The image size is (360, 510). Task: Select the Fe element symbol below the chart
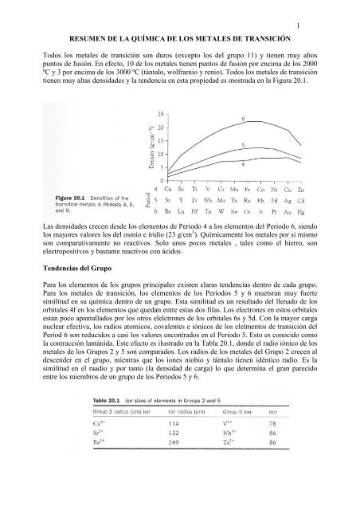251,192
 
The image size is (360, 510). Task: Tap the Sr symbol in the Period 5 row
164,203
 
